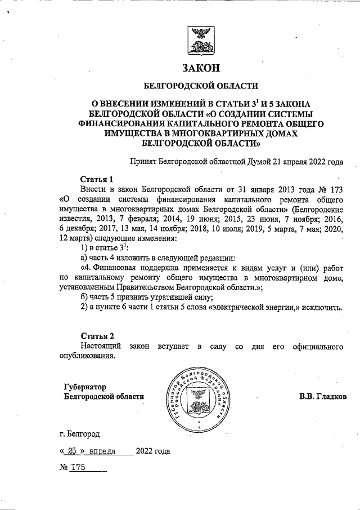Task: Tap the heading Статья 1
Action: click(x=97, y=179)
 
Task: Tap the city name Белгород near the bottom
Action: click(x=84, y=434)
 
